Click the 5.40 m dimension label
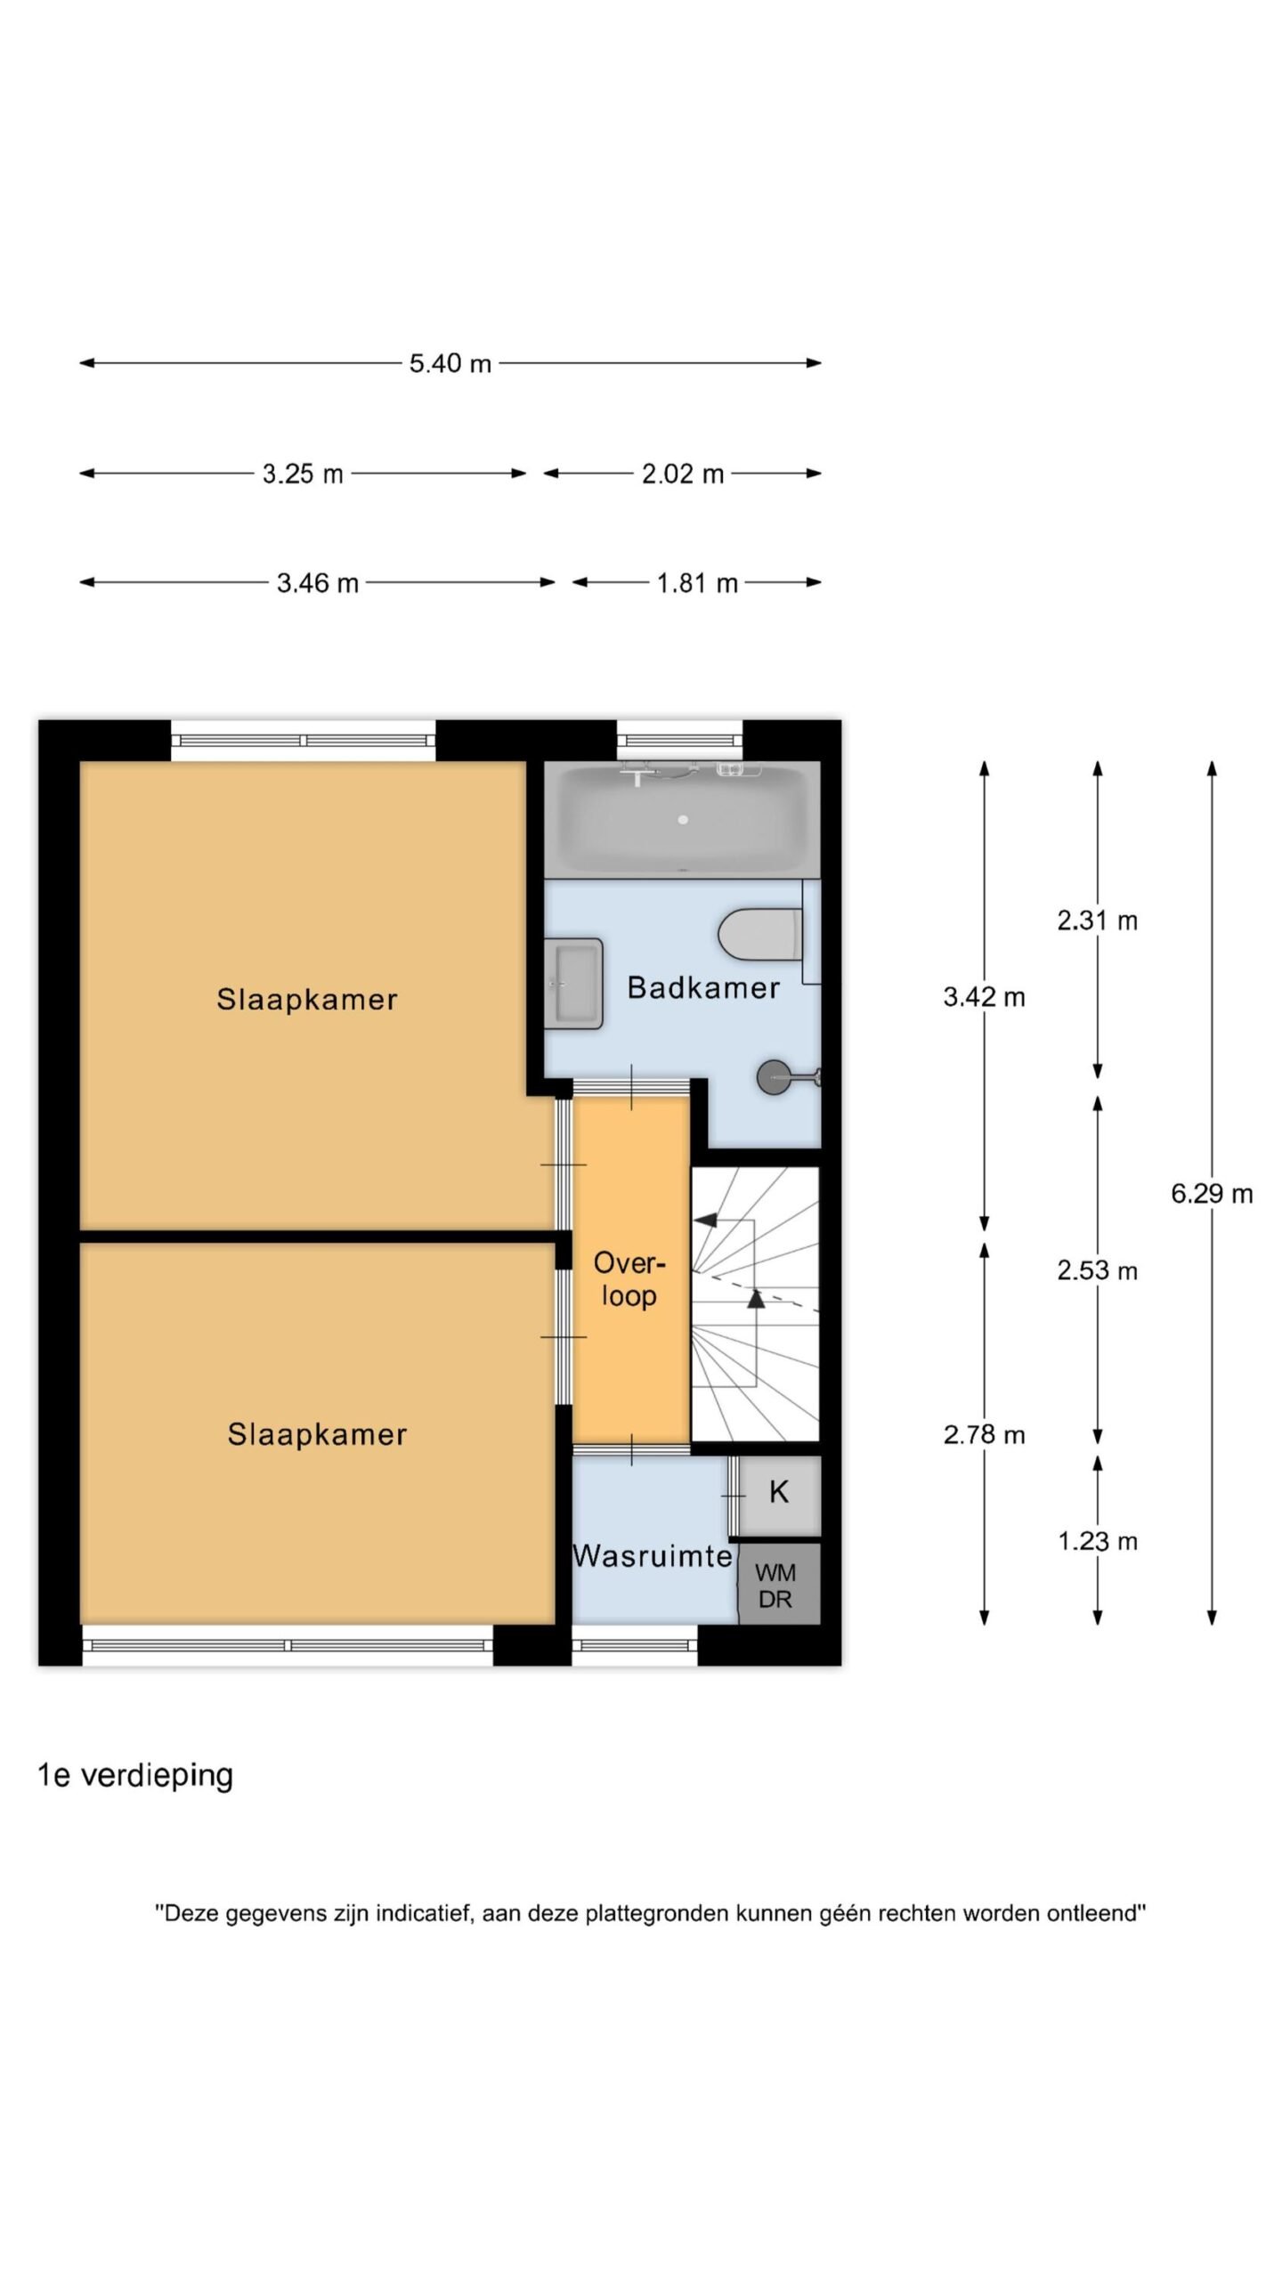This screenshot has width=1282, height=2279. click(x=450, y=363)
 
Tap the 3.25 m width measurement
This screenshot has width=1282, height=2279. click(x=303, y=474)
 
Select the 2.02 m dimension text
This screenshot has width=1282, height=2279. click(x=683, y=474)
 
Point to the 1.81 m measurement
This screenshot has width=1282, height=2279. click(x=697, y=583)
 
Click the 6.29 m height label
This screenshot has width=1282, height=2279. click(x=1212, y=1194)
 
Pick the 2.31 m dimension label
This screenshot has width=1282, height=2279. click(x=1098, y=921)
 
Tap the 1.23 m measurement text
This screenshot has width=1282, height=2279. click(x=1098, y=1541)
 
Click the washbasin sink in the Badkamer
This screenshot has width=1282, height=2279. click(x=575, y=983)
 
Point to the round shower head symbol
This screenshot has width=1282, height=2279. click(x=772, y=1077)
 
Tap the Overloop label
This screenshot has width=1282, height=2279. click(x=629, y=1279)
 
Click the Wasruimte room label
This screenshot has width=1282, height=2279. click(x=653, y=1555)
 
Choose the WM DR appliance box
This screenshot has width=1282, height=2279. click(x=778, y=1584)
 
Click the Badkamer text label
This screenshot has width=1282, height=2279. click(x=703, y=987)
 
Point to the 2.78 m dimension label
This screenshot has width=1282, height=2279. click(x=984, y=1434)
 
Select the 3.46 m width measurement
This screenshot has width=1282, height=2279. click(x=317, y=583)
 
